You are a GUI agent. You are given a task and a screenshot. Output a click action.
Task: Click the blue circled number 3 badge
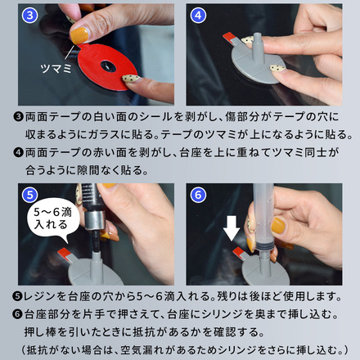pos(29,16)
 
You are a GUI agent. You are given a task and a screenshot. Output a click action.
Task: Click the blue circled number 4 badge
pos(198,16)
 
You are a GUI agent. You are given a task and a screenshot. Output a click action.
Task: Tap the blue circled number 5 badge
pos(29,195)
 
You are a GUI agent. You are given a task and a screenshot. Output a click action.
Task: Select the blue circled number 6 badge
pos(198,195)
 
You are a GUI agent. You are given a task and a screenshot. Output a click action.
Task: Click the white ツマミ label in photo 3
pos(56,68)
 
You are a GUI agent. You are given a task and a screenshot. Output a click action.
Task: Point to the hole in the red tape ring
pos(108,66)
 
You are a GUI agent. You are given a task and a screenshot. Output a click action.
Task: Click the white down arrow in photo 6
pos(232,228)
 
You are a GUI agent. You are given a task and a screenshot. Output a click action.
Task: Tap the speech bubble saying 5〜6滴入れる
pos(52,219)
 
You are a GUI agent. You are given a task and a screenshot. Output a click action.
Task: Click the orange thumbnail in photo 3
pos(79,36)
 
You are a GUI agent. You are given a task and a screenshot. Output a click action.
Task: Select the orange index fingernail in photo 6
pos(278,225)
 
